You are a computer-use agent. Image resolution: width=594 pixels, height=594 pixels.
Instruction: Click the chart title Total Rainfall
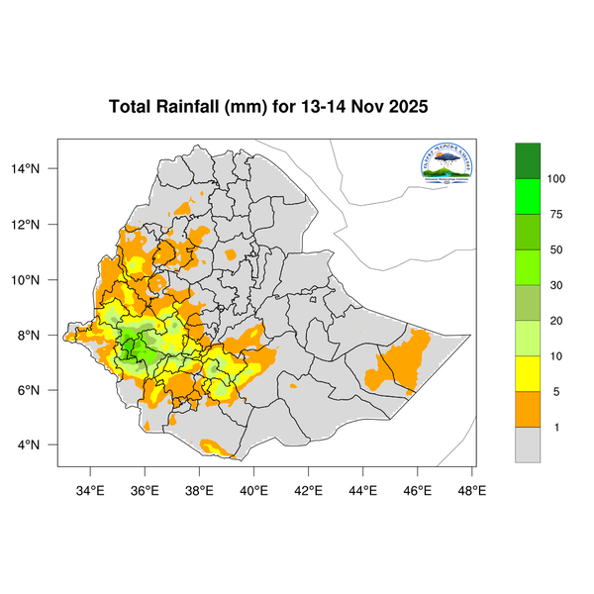pyautogui.click(x=267, y=107)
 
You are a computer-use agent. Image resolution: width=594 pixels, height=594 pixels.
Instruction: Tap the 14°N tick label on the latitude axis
pyautogui.click(x=39, y=168)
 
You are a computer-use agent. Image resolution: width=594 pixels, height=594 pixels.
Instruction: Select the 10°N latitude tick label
pyautogui.click(x=39, y=279)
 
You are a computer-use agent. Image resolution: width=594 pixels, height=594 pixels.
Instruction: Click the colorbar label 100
pyautogui.click(x=556, y=178)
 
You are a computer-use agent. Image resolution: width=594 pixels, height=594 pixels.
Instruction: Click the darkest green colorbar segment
pyautogui.click(x=528, y=159)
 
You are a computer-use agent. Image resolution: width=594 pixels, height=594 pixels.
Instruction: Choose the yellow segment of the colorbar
pyautogui.click(x=528, y=373)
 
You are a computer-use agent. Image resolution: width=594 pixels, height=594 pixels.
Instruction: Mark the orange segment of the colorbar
pyautogui.click(x=528, y=409)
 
